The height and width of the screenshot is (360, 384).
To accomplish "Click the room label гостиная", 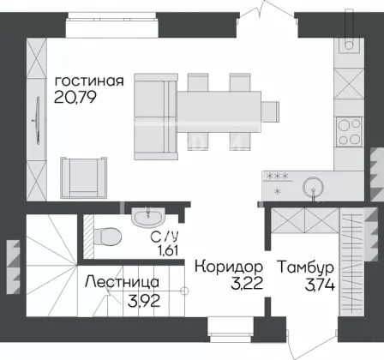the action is pyautogui.click(x=89, y=81).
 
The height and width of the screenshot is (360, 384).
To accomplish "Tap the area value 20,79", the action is pyautogui.click(x=75, y=97).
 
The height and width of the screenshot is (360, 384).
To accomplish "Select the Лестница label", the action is pyautogui.click(x=122, y=282).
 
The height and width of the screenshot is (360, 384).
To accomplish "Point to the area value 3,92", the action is pyautogui.click(x=144, y=301).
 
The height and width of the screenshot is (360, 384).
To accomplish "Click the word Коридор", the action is pyautogui.click(x=229, y=267).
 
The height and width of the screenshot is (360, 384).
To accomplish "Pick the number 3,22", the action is pyautogui.click(x=247, y=284).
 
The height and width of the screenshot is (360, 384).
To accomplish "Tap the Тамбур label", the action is pyautogui.click(x=306, y=267).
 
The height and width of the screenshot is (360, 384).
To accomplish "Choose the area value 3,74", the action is pyautogui.click(x=320, y=285).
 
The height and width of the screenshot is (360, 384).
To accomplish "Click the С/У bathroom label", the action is pyautogui.click(x=165, y=236).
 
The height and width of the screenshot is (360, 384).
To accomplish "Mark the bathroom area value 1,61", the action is pyautogui.click(x=168, y=250).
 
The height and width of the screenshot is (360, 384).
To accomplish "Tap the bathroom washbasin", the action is pyautogui.click(x=148, y=217).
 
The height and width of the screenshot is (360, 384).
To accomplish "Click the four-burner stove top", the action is pyautogui.click(x=349, y=132).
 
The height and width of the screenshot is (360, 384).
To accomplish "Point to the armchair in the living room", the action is pyautogui.click(x=83, y=177).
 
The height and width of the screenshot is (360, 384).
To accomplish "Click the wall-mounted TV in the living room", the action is pyautogui.click(x=37, y=120).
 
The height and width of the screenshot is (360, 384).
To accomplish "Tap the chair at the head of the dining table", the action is pyautogui.click(x=270, y=111).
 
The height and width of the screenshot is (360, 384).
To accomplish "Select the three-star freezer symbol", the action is pyautogui.click(x=277, y=176).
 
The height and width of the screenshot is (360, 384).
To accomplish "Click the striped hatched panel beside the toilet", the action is pyautogui.click(x=88, y=237).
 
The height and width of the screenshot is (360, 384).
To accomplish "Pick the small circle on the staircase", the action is pyautogui.click(x=184, y=291).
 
